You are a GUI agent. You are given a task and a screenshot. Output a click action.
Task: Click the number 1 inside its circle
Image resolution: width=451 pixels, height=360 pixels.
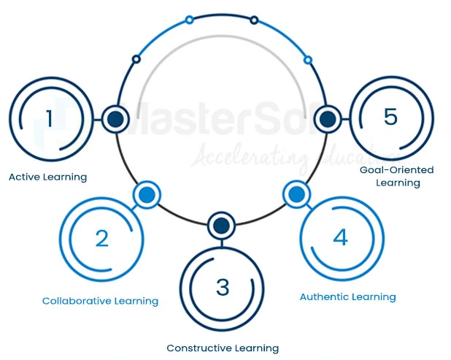tap(49, 118)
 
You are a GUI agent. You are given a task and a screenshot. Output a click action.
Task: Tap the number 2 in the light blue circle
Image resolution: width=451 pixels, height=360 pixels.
tap(101, 238)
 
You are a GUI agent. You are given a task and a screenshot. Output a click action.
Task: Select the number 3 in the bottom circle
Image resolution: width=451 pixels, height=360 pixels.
tap(223, 287)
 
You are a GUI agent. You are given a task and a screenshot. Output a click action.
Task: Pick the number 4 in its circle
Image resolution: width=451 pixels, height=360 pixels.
tap(340, 237)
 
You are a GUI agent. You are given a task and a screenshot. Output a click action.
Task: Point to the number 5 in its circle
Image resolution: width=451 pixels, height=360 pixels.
tap(390, 117)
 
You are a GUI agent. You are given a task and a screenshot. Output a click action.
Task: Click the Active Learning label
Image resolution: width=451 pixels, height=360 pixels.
tap(47, 177)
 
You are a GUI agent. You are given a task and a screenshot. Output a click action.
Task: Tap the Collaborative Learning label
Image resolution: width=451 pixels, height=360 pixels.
tap(100, 301)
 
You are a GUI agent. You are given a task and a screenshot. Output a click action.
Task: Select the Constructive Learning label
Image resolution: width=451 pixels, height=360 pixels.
tap(223, 348)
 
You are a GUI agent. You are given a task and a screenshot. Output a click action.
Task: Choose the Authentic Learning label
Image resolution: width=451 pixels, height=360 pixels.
tap(347, 297)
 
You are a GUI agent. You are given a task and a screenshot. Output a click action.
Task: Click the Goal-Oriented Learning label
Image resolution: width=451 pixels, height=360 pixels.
tap(397, 176)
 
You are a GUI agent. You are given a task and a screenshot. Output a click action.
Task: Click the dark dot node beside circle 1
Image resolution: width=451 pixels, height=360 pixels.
tap(115, 118)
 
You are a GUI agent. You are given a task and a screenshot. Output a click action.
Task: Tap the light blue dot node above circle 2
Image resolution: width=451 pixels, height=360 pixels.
tap(147, 194)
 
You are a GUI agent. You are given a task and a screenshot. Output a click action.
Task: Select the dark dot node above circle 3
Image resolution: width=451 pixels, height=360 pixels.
tap(222, 225)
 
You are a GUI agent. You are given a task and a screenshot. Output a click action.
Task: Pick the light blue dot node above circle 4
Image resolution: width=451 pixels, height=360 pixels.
tap(296, 194)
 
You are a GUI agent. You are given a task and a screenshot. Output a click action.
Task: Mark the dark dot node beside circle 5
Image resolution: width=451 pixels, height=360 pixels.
tap(328, 118)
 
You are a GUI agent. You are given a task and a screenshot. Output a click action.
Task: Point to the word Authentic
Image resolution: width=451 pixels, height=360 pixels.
tap(324, 297)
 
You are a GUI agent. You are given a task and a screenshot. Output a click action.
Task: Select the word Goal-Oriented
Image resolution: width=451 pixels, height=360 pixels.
tap(397, 170)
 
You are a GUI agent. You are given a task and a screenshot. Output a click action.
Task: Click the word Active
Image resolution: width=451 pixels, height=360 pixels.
tap(25, 177)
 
